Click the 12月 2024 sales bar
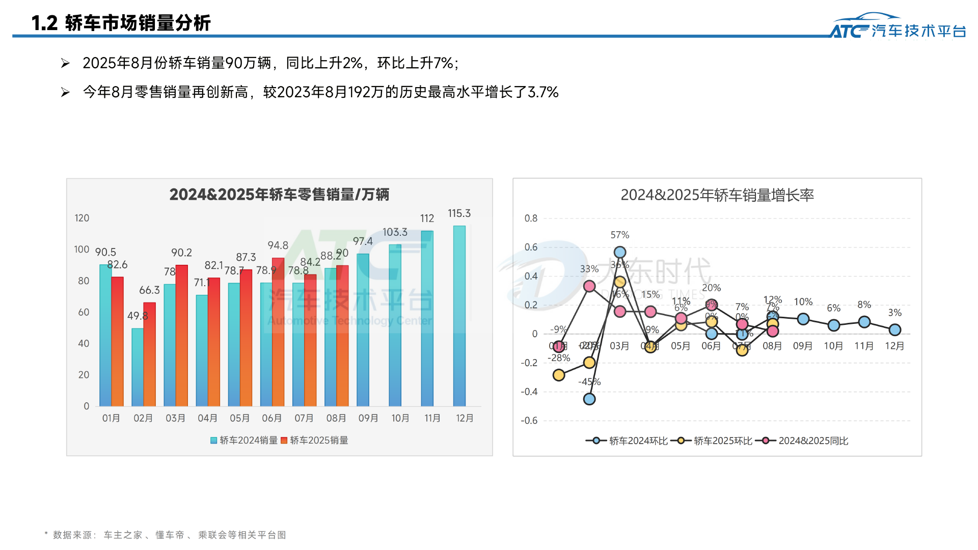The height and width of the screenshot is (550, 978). pos(459,316)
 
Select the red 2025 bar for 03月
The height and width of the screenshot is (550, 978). pos(182,336)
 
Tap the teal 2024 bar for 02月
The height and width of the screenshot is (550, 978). pos(137,367)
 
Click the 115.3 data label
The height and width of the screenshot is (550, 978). pos(459,213)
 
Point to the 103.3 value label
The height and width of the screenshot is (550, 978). pos(395,232)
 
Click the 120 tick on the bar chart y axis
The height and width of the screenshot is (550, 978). pos(81,218)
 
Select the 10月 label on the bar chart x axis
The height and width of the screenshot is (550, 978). pos(400,418)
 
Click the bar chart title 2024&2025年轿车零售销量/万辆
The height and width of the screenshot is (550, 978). pos(279,195)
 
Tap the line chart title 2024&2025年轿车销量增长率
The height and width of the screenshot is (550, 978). pos(717,195)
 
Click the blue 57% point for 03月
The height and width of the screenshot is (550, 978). pos(620,252)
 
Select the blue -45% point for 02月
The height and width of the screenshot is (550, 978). pos(589,399)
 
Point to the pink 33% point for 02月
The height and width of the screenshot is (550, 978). pos(589,286)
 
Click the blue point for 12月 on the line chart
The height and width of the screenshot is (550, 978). pos(895,330)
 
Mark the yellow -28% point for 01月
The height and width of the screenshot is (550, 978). pos(559,375)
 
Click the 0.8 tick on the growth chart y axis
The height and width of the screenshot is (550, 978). pos(531,218)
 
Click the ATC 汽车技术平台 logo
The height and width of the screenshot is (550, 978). pos(898,26)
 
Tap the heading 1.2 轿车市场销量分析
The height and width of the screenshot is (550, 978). pos(121,23)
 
